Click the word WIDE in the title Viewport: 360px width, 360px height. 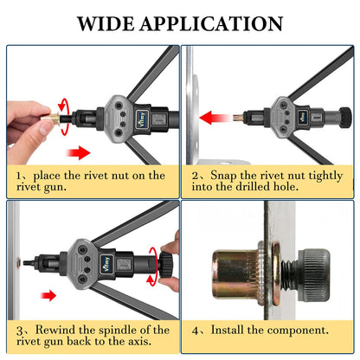pos(106,23)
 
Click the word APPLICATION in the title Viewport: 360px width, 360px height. pos(211,23)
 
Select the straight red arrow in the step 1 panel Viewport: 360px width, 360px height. pos(79,152)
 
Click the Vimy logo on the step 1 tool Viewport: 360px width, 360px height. pos(143,119)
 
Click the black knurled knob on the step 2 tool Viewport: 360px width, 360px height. pos(345,118)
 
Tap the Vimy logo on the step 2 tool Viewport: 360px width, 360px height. pos(303,117)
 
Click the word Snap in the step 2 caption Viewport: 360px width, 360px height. pos(222,176)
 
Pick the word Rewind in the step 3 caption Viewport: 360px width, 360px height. pos(55,330)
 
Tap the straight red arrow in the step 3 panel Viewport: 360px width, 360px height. pos(48,295)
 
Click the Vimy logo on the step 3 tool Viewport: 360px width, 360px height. pos(107,263)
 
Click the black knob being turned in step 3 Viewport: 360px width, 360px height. pos(166,264)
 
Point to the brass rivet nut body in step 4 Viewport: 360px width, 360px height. pos(235,274)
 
